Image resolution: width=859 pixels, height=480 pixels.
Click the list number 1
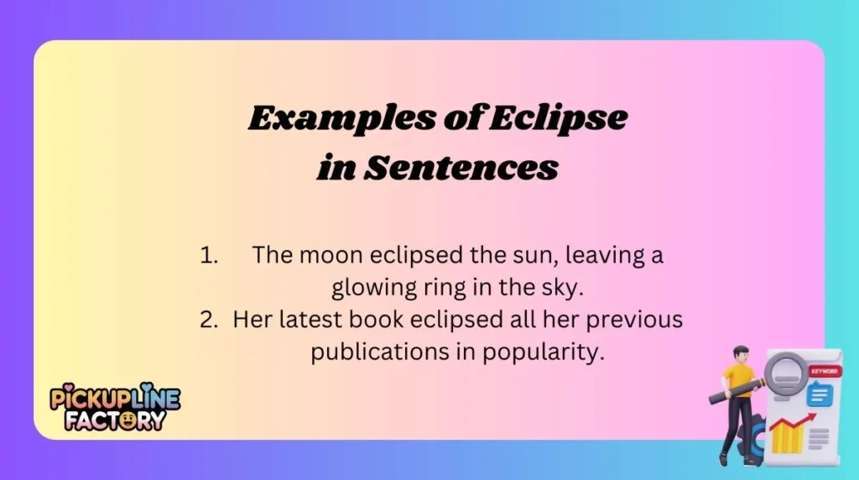click(x=209, y=256)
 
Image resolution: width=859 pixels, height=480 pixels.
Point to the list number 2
click(x=210, y=320)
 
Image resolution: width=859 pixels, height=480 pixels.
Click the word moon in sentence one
click(x=331, y=256)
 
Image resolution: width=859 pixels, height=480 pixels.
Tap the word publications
click(x=371, y=352)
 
